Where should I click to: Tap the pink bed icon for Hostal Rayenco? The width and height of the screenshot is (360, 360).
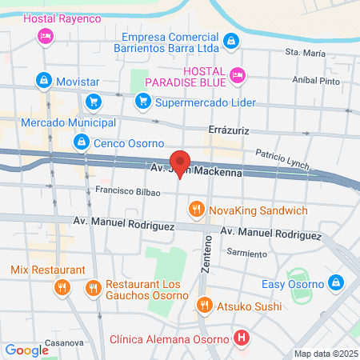click(x=46, y=36)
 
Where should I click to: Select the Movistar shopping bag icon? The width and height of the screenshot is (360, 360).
click(x=42, y=81)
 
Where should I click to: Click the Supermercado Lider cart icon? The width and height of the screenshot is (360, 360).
click(x=143, y=101)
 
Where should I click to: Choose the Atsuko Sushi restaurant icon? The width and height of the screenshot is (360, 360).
click(x=205, y=305)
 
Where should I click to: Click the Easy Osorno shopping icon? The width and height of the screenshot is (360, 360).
click(x=337, y=282)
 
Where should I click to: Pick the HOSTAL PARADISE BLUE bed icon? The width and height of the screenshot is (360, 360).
click(x=237, y=76)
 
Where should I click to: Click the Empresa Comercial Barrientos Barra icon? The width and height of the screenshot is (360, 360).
click(x=230, y=40)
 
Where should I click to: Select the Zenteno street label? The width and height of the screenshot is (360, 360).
click(x=206, y=256)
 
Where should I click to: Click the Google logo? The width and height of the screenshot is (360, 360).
click(x=26, y=350)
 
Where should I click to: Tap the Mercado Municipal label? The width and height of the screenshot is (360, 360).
click(x=68, y=122)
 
